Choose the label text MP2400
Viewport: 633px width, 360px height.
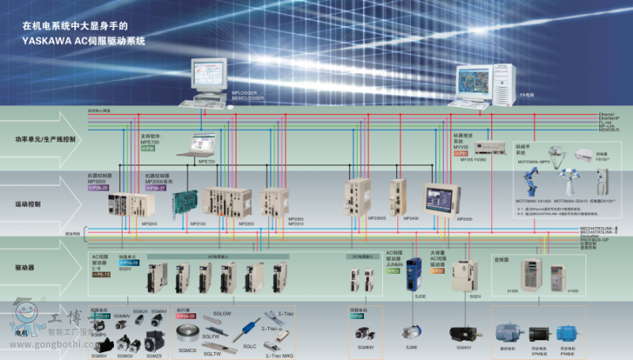[x=411, y=218]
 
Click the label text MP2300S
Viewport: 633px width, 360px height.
[x=354, y=218]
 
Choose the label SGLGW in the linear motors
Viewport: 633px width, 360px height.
[x=222, y=314]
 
